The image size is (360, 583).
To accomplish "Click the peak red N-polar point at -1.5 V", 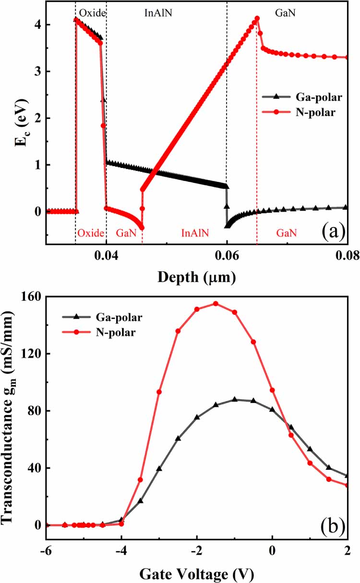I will (216, 303).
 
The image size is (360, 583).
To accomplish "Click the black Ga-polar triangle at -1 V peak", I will (235, 399).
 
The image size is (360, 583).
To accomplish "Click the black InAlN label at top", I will (158, 13).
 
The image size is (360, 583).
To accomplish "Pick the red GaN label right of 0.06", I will (286, 233).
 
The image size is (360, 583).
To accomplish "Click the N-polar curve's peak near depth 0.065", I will (257, 19).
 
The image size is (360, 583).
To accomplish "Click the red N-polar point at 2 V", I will (347, 485).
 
